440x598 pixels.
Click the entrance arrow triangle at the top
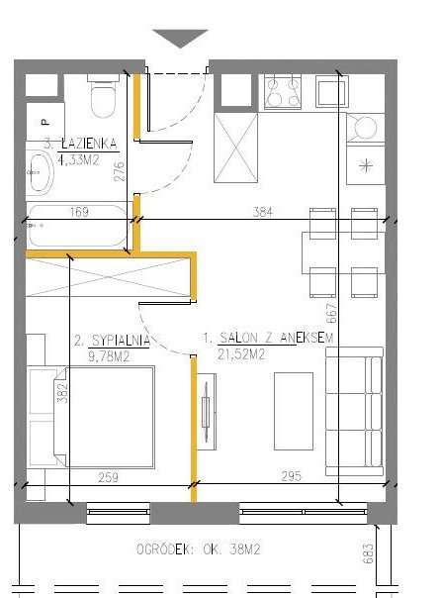(180, 38)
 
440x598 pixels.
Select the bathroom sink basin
(41, 174)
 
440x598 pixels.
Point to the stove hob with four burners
(283, 92)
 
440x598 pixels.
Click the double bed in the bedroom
(91, 417)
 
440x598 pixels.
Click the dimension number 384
(262, 211)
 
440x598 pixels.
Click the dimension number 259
(109, 477)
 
